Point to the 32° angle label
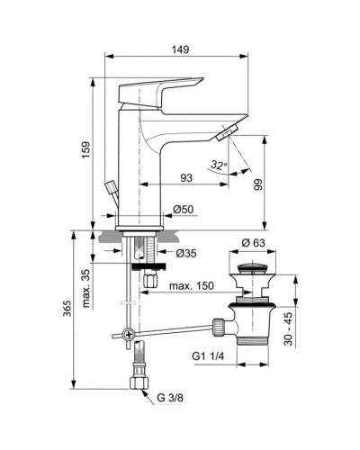pos(216,165)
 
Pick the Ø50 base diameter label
pos(183,211)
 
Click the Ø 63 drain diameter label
pos(255,242)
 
